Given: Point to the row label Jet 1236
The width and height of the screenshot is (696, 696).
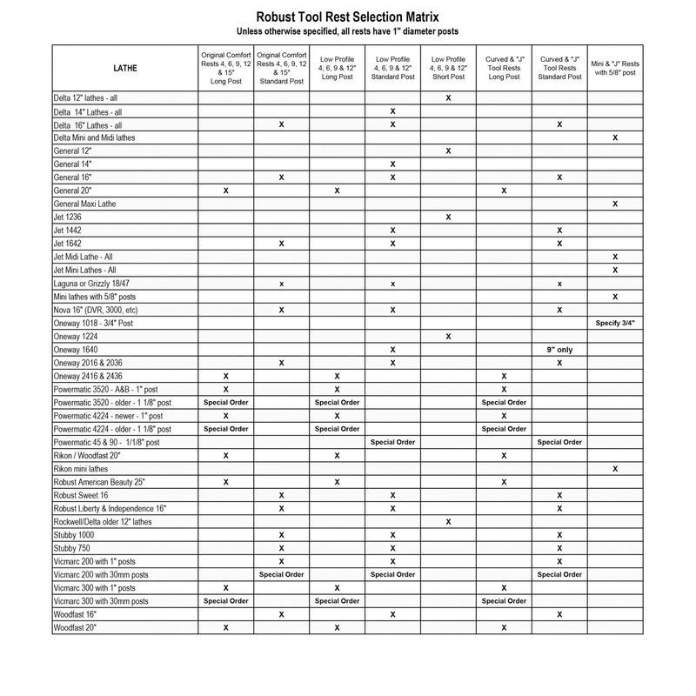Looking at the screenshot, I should [67, 216].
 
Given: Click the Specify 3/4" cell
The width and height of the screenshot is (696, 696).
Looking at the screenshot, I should [615, 322].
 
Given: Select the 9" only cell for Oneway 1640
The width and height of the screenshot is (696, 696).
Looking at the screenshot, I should [559, 348].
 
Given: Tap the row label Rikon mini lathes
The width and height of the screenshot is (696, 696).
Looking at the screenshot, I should [81, 468].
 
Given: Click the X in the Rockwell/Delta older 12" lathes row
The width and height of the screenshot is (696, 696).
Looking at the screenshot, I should [447, 521].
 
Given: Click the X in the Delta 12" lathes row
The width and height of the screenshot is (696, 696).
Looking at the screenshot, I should [447, 98].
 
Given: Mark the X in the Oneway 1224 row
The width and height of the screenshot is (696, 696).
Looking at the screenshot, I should [447, 335].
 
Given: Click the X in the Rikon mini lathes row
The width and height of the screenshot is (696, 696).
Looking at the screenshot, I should [615, 468].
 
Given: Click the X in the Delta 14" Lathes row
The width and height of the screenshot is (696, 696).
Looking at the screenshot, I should [393, 111].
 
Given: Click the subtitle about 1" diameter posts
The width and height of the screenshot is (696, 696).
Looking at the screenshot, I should [348, 31].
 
